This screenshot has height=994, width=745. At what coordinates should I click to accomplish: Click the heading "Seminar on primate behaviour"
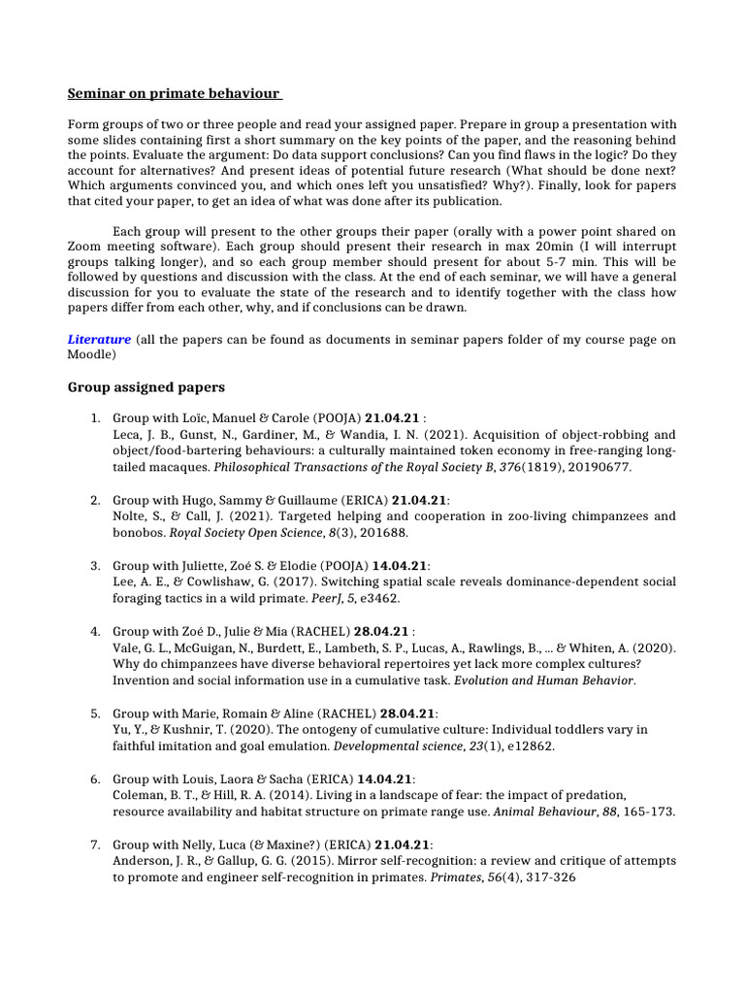(x=174, y=94)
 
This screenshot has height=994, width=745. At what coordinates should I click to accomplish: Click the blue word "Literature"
(x=99, y=340)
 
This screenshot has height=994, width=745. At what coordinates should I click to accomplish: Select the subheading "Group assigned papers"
(x=146, y=386)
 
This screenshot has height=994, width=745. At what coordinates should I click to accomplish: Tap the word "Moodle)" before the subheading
(x=91, y=355)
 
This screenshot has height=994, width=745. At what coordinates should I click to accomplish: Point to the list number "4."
(x=96, y=631)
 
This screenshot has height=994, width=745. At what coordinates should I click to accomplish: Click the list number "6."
(x=96, y=779)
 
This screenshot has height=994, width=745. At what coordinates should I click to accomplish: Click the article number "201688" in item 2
(x=384, y=532)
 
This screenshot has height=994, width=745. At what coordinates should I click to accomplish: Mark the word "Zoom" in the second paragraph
(x=84, y=247)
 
